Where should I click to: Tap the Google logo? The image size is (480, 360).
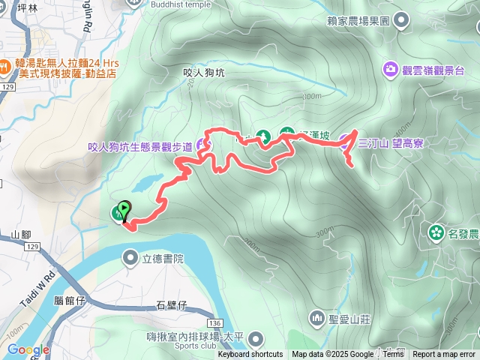[x=28, y=349]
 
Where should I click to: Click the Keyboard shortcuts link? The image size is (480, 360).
[x=250, y=355]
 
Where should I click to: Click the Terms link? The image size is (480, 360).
[x=393, y=355]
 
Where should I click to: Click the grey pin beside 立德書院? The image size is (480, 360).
[x=130, y=259]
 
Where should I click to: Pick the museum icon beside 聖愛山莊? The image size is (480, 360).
[x=316, y=318]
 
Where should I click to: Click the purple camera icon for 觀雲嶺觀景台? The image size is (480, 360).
[x=391, y=70]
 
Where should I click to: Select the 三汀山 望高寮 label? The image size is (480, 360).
[x=391, y=143]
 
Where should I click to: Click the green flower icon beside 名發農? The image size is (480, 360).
[x=436, y=232]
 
